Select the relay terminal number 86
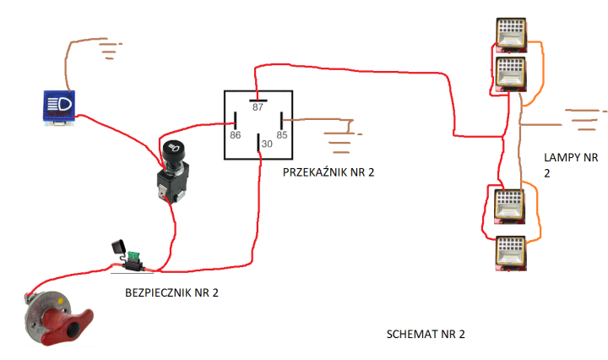pos(235,134)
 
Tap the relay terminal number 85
pos(282,134)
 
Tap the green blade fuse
pos(133,255)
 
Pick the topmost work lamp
pos(510,34)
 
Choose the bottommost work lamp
pos(510,251)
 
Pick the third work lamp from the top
pos(510,205)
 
